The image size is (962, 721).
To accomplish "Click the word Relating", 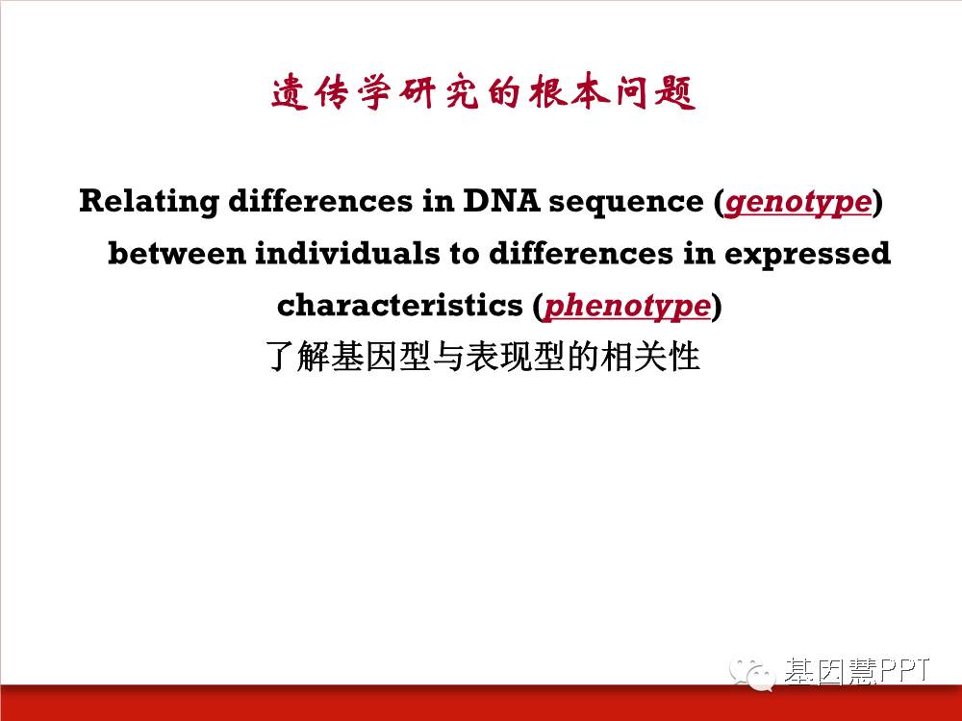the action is click(x=149, y=202).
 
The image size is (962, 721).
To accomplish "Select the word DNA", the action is click(x=501, y=201).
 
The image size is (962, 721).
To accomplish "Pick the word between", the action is click(x=177, y=253).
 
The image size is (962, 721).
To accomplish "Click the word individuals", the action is click(x=347, y=253).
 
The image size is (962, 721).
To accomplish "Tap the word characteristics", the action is click(x=399, y=306).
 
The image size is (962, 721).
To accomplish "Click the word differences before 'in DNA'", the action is click(x=321, y=201).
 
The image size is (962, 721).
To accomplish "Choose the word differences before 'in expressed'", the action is click(x=581, y=253).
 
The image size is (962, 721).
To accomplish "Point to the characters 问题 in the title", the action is click(x=656, y=93).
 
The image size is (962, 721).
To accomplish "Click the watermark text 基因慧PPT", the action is click(x=857, y=671).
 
